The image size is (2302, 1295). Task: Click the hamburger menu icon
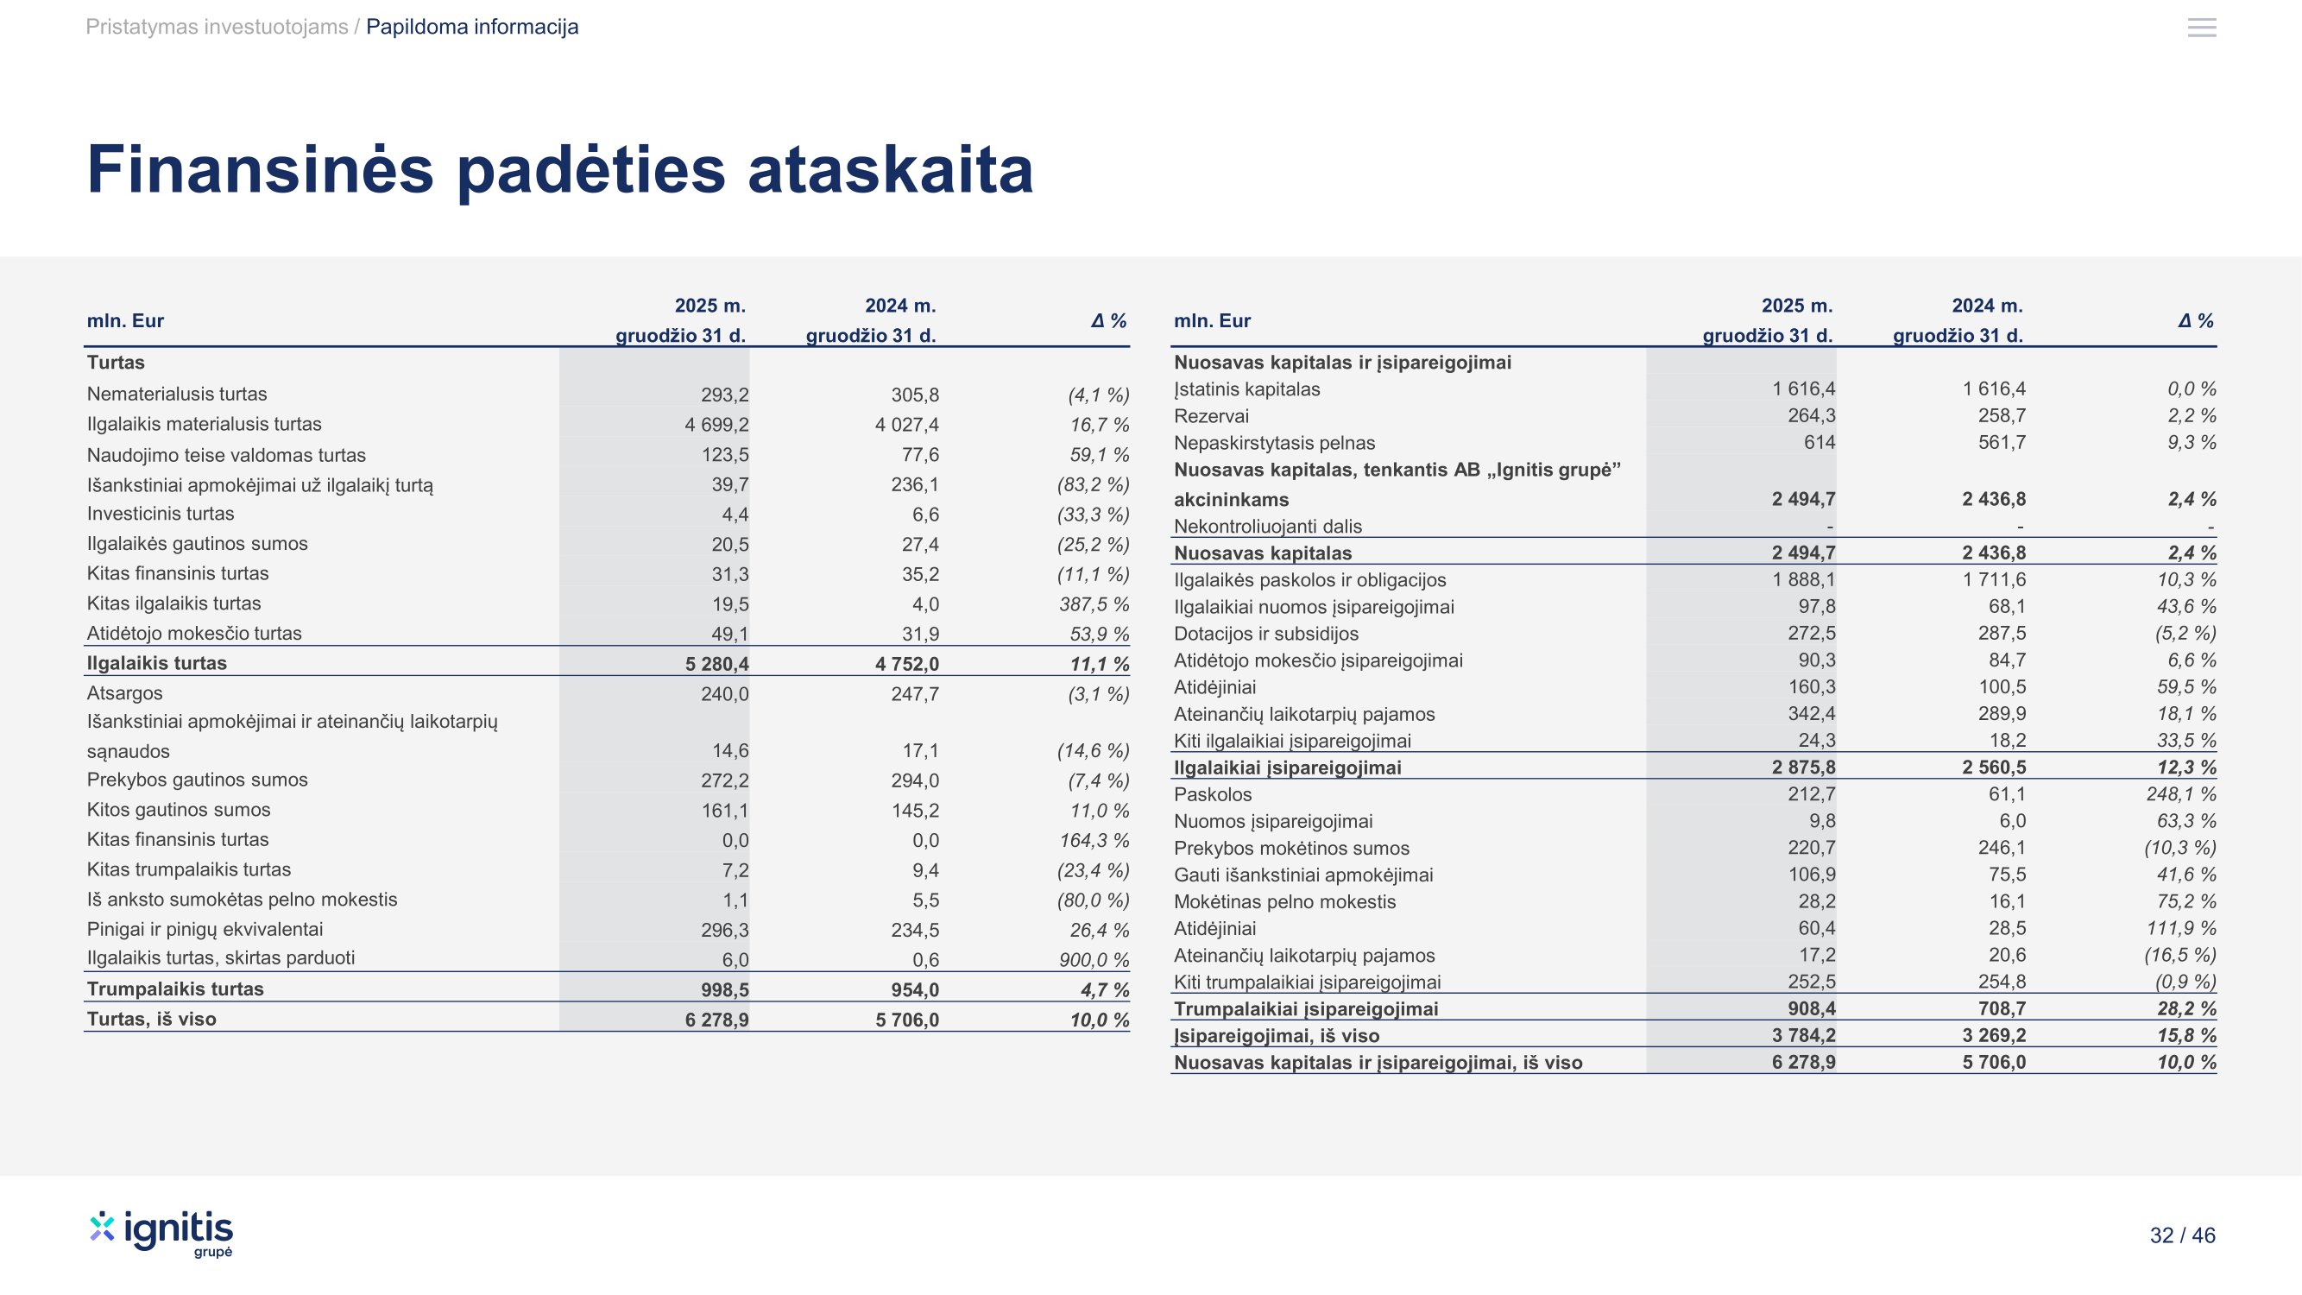[x=2201, y=28]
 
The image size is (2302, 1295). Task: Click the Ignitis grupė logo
[x=161, y=1234]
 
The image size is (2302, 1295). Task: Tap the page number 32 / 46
[x=2181, y=1235]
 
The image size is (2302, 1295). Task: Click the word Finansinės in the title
[x=260, y=170]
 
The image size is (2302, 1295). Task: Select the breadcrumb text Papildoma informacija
[x=472, y=27]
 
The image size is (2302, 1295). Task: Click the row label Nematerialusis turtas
[x=177, y=395]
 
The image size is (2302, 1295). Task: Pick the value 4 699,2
[x=716, y=425]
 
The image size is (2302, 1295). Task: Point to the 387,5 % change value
[x=1094, y=604]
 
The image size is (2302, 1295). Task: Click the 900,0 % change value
[x=1094, y=960]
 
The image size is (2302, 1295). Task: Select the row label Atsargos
[x=124, y=693]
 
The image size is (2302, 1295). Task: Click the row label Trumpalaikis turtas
[x=175, y=989]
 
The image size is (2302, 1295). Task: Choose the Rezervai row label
[x=1211, y=416]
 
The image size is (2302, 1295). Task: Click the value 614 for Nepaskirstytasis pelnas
[x=1819, y=442]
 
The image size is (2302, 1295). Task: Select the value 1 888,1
[x=1803, y=580]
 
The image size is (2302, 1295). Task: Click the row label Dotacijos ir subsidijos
[x=1265, y=634]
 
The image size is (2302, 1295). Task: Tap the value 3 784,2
[x=1803, y=1036]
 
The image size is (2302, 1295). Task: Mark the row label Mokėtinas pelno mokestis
[x=1284, y=902]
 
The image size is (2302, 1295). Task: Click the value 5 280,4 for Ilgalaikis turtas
[x=716, y=664]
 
